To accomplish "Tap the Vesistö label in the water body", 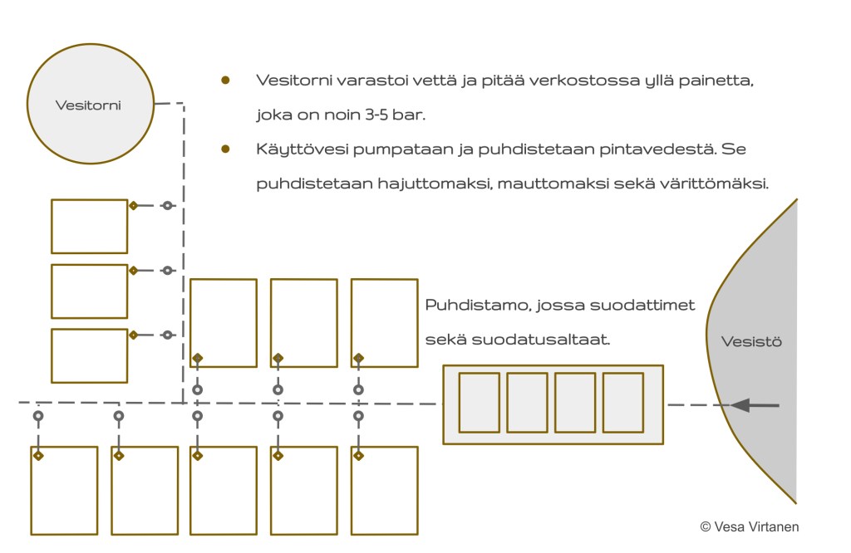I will point(751,341).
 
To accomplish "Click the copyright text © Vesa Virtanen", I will point(749,526).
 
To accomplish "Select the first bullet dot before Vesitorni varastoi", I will point(225,81).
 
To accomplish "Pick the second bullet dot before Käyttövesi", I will point(225,149).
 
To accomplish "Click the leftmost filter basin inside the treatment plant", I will point(480,403).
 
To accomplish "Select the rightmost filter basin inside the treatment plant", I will point(623,403).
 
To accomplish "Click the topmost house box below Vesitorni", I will point(89,226).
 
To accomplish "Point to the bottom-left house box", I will point(64,491).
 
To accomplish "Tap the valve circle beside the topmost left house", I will point(167,205).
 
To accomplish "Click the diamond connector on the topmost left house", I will point(133,205).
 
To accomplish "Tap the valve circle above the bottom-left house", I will point(37,416).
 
